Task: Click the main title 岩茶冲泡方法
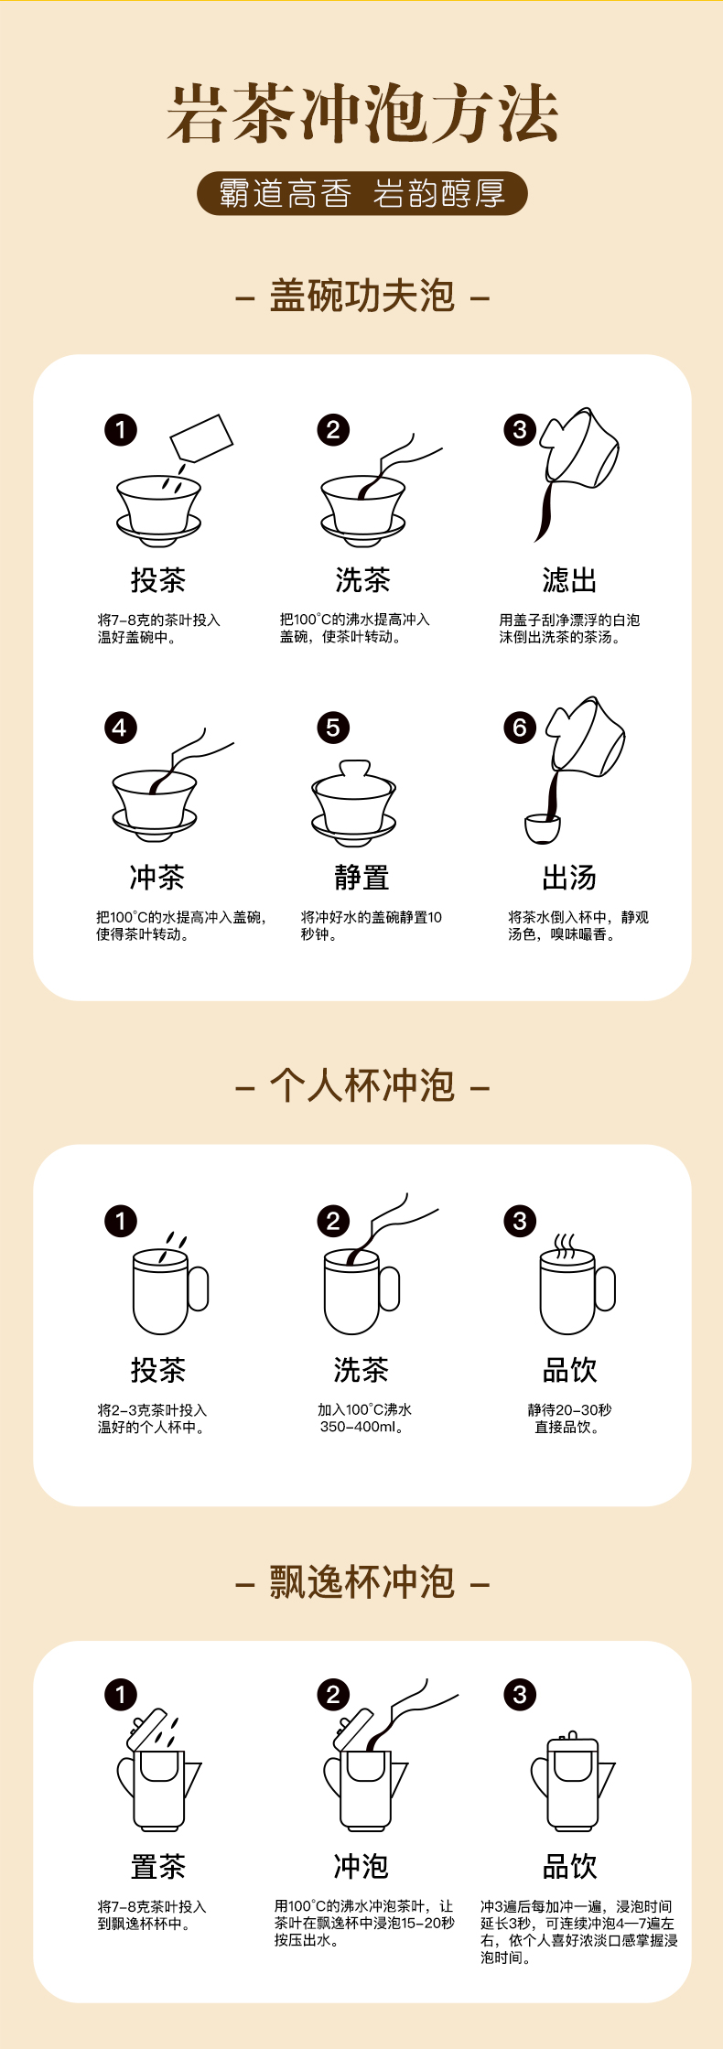pos(362,113)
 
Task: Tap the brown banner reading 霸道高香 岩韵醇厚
pos(362,193)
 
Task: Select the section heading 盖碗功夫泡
pos(362,296)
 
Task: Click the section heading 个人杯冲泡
pos(362,1085)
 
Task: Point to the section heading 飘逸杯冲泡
pos(362,1582)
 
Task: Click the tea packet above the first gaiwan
pos(202,439)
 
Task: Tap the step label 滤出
pos(569,579)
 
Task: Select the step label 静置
pos(361,877)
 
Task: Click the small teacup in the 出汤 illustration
pos(543,828)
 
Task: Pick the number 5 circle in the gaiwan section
pos(333,728)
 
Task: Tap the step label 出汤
pos(569,877)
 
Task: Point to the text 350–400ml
pos(361,1427)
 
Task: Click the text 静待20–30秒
pos(569,1409)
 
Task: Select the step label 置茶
pos(157,1866)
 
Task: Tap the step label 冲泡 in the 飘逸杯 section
pos(361,1866)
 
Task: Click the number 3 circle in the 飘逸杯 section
pos(520,1694)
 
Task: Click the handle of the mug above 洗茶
pos(390,1289)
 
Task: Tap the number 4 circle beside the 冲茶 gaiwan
pos(120,728)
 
